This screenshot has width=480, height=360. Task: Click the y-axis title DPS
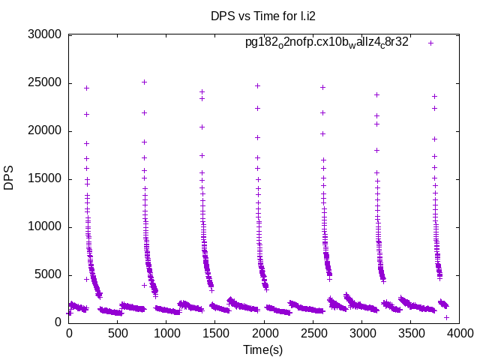pos(9,178)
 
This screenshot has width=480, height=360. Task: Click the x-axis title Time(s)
pos(262,349)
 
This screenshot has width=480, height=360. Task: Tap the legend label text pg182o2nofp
pos(326,43)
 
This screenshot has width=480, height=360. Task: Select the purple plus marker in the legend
pos(430,43)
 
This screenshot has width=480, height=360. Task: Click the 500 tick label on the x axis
pos(118,331)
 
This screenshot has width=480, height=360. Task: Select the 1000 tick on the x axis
pos(166,331)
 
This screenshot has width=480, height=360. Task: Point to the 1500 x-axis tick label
pos(215,331)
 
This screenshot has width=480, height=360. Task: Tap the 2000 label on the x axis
pos(264,331)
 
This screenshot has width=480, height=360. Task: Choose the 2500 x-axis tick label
pos(313,331)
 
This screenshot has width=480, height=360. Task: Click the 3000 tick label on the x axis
pos(361,331)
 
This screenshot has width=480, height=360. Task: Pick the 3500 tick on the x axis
pos(410,331)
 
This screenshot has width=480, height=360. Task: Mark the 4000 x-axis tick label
pos(459,331)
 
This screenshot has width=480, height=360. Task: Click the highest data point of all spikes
pos(144,82)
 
